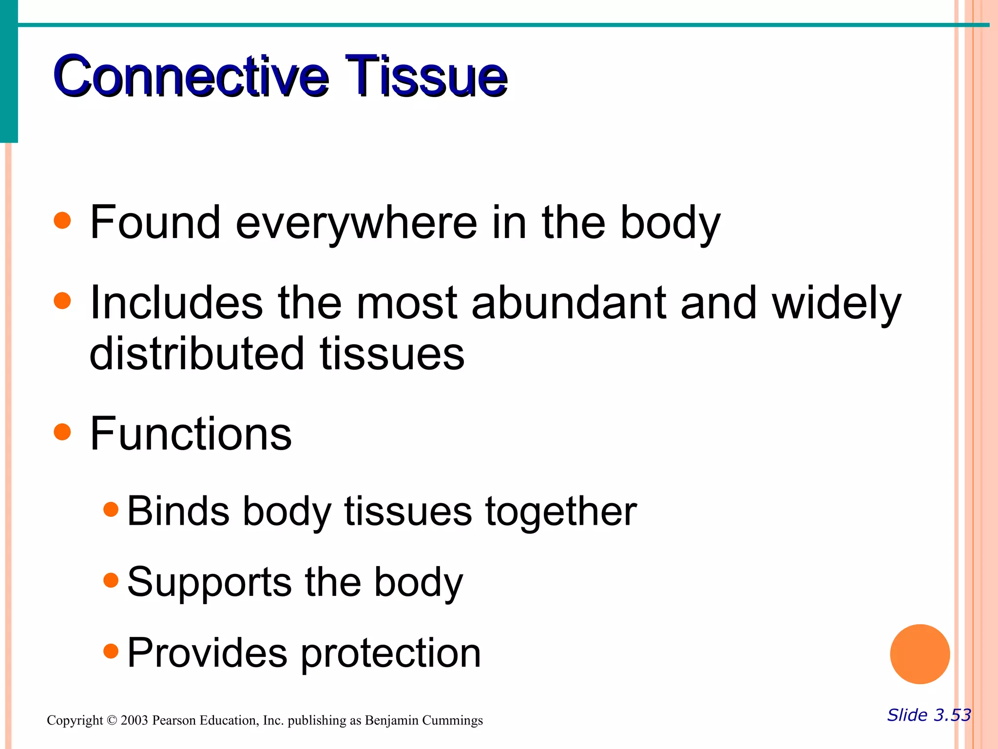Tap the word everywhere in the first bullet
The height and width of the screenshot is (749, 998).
(x=356, y=223)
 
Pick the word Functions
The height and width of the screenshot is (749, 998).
(x=191, y=434)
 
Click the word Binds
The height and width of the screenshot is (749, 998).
(x=178, y=511)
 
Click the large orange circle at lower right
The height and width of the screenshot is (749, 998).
(x=920, y=654)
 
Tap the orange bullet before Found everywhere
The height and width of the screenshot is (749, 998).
(x=62, y=220)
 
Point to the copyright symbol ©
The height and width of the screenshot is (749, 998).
(x=112, y=720)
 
